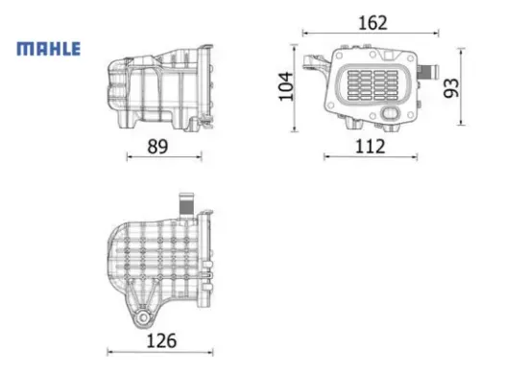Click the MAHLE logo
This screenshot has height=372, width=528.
coord(47,48)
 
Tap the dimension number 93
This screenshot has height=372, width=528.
coord(450,87)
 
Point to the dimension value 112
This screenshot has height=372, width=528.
coord(370,146)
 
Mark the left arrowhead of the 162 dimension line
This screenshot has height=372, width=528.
coord(305,34)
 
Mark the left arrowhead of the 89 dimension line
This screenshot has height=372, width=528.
coord(128,158)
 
